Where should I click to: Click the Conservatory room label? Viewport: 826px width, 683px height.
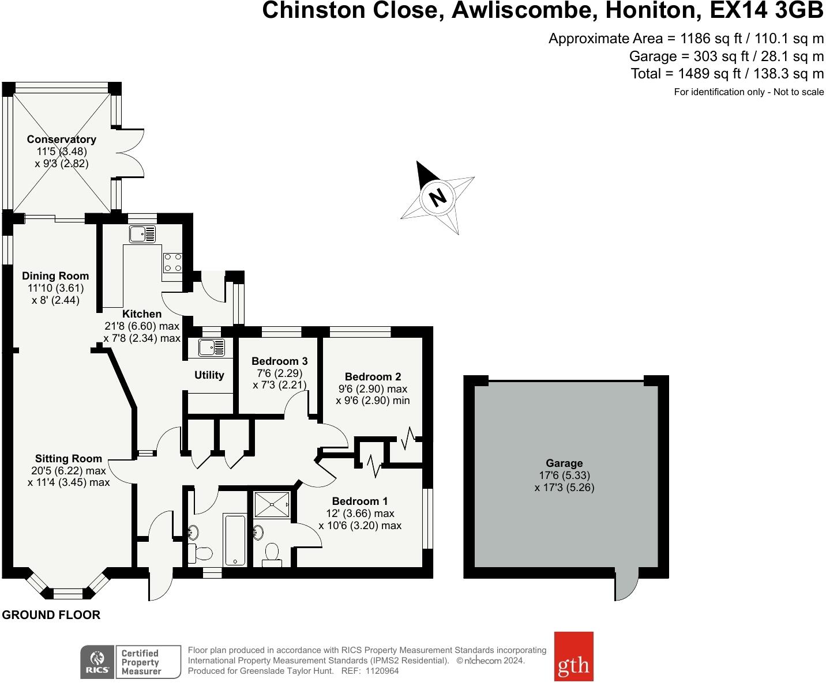pos(61,139)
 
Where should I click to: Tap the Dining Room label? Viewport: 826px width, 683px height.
pos(55,276)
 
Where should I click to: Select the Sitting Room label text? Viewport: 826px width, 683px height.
pos(68,459)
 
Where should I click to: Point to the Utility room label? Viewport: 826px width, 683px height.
pos(209,375)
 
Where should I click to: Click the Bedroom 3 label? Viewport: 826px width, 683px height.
pos(280,361)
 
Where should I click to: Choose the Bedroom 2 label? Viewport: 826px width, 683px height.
pos(373,377)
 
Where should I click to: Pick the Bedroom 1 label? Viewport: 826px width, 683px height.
pos(360,501)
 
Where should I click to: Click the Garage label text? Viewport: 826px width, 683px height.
pos(564,463)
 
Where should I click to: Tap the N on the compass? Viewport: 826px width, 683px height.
pos(438,198)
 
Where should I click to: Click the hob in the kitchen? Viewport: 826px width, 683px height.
pos(173,262)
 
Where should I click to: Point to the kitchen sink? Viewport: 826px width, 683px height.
pos(142,234)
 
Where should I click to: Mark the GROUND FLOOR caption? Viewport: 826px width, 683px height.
pos(51,615)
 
